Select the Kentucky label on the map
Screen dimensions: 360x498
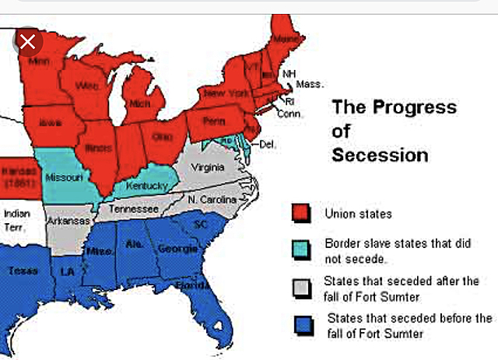click(x=148, y=187)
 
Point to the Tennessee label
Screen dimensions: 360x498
click(x=134, y=209)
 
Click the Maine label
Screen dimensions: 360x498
click(x=284, y=38)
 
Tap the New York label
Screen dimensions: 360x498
click(x=226, y=93)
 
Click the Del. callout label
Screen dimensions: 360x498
click(x=268, y=144)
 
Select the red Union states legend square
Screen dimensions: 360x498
click(x=301, y=212)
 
